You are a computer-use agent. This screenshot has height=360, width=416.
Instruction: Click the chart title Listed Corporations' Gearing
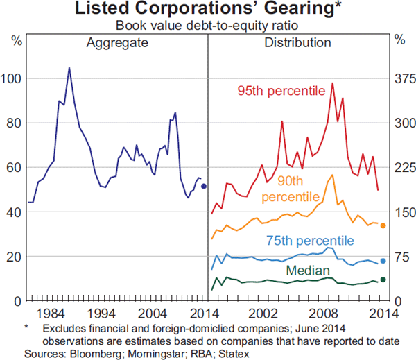(x=207, y=10)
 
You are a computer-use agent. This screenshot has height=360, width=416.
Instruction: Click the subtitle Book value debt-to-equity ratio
(x=207, y=26)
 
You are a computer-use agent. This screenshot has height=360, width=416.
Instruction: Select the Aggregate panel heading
(x=117, y=43)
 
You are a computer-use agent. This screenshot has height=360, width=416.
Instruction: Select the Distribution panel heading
(x=297, y=43)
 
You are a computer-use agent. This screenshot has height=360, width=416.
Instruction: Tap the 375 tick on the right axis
(x=402, y=78)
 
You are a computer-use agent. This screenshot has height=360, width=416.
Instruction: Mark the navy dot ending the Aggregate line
(x=204, y=186)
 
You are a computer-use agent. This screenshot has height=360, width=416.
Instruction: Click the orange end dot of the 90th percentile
(x=383, y=225)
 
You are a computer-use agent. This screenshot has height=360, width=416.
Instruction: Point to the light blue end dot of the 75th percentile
(x=383, y=261)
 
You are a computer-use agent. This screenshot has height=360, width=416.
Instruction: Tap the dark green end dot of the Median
(x=383, y=280)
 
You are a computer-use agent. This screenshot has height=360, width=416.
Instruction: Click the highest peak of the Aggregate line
(x=69, y=68)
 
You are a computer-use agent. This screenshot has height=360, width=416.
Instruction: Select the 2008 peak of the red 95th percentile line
(x=333, y=83)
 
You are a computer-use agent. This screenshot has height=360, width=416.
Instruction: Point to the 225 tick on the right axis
(x=402, y=167)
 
